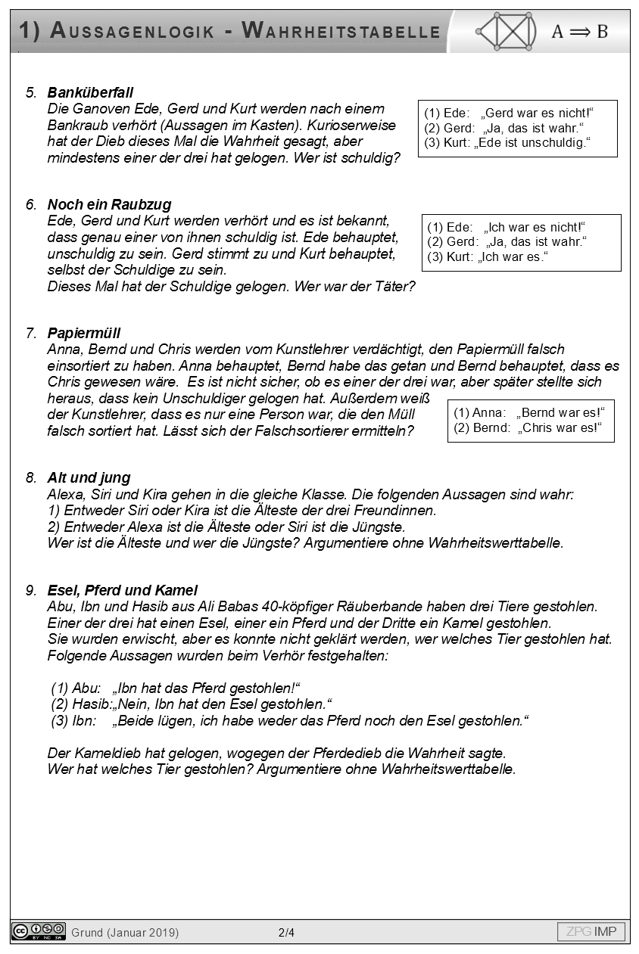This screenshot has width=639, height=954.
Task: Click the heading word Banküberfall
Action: click(90, 92)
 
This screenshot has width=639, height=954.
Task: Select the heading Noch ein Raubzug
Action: click(109, 204)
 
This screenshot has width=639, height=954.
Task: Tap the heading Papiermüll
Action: click(83, 333)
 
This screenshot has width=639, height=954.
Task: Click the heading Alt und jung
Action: click(89, 477)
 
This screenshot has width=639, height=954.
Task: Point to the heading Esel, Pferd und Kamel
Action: click(122, 590)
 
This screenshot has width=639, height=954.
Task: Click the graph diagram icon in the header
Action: click(506, 31)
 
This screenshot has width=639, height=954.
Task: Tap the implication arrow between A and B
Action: click(579, 32)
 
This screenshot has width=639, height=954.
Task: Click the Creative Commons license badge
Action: click(39, 931)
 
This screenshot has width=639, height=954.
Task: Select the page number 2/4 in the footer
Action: click(286, 933)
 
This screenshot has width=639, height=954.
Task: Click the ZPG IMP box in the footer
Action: click(591, 931)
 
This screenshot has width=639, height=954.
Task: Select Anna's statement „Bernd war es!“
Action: click(560, 412)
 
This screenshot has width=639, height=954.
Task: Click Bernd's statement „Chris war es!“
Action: click(560, 428)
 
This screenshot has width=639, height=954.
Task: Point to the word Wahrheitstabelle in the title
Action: click(341, 31)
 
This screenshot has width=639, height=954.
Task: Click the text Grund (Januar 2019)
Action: click(125, 933)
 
